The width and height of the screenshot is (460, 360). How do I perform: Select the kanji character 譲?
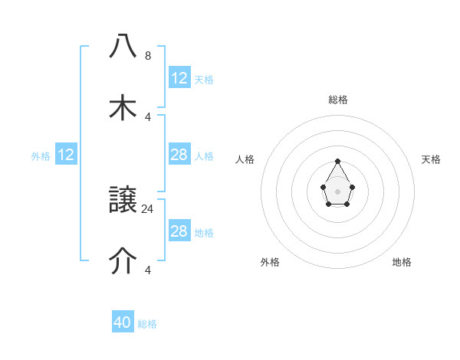[123, 201]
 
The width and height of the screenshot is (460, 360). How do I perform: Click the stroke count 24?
[148, 208]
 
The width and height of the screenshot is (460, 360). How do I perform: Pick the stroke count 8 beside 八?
[148, 56]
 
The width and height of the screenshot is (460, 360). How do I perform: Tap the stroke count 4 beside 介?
[148, 270]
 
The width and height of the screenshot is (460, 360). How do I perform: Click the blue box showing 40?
[123, 322]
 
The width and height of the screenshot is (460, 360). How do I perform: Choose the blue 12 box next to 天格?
[179, 78]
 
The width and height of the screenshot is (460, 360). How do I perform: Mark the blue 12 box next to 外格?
[66, 155]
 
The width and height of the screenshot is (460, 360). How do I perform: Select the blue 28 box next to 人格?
[179, 155]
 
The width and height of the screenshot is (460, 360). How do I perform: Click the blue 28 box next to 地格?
[179, 231]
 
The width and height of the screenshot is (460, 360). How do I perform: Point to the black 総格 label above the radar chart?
[338, 100]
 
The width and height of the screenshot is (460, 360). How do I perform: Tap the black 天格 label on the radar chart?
[431, 159]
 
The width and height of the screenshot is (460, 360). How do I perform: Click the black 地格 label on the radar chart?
[402, 262]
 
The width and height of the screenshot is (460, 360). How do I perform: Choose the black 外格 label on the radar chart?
[270, 262]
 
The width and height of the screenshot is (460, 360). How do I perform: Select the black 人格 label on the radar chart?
[245, 159]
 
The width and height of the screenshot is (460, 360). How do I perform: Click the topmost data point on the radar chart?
[337, 161]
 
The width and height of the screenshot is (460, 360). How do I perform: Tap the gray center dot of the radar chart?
[337, 191]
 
